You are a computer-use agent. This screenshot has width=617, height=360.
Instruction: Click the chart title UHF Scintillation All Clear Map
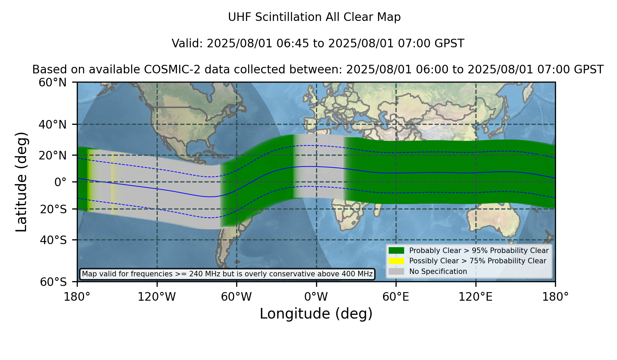pos(314,17)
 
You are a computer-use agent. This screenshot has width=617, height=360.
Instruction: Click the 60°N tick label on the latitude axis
pos(53,83)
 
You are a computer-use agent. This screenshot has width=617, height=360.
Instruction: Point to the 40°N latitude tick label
pos(53,124)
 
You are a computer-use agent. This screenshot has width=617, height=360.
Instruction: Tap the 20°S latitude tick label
pos(53,209)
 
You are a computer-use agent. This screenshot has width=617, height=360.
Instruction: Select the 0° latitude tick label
pos(61,182)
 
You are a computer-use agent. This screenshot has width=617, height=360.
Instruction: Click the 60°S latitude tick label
pos(53,282)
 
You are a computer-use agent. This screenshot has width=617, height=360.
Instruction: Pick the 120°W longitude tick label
pos(157,297)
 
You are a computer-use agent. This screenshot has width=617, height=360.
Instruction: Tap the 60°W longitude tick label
pos(237,297)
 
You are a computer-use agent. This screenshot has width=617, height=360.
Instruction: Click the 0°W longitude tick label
pos(316,297)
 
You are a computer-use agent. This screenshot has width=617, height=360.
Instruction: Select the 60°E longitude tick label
pos(396,297)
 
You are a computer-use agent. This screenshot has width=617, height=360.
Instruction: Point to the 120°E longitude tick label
pos(475,297)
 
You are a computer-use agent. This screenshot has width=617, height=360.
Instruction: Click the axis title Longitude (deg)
pos(316,314)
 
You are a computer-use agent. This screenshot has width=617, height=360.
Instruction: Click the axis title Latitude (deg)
pos(22,182)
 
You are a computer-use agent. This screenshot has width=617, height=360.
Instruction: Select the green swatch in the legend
pos(397,251)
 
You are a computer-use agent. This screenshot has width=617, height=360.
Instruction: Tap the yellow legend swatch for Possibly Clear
pos(397,261)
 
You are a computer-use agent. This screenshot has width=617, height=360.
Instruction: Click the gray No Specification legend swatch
pos(397,272)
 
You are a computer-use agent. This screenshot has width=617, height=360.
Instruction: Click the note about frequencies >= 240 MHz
pos(227,274)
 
